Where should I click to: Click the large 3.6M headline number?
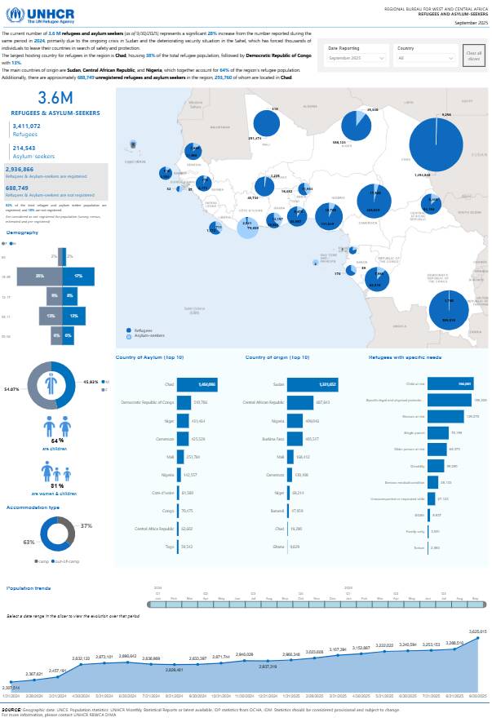(55, 99)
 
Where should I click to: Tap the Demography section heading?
(22, 233)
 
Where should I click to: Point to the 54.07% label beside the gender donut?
(12, 389)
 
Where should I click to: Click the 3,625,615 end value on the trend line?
(478, 631)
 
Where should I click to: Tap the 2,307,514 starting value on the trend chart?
(11, 688)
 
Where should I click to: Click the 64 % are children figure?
(56, 441)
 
